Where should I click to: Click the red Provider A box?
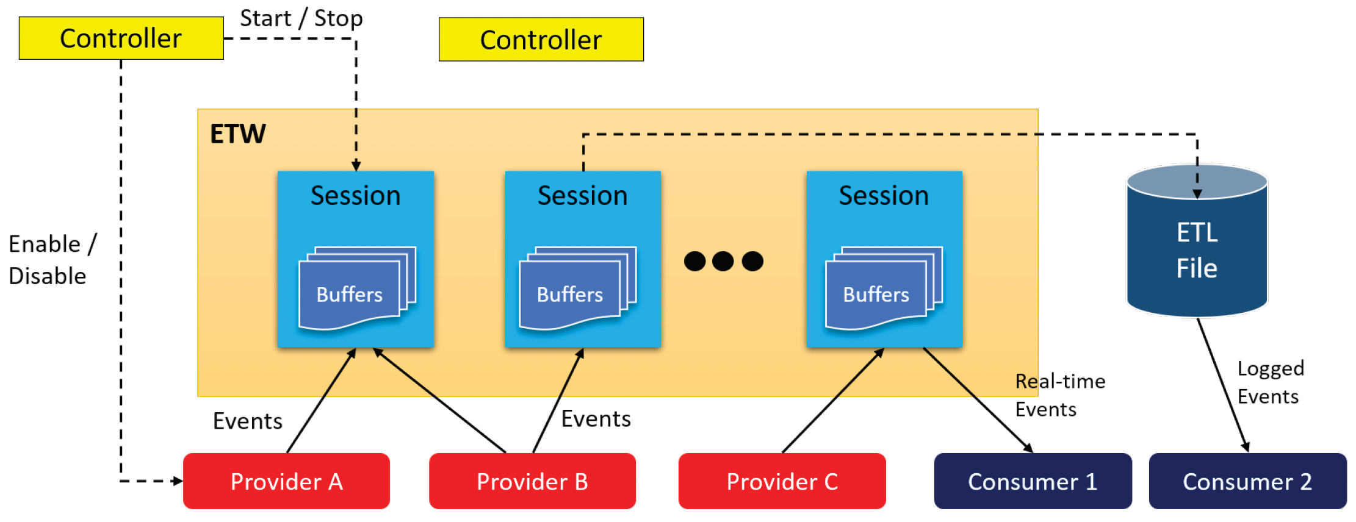(286, 481)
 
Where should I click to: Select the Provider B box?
(532, 481)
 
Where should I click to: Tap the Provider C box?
(782, 481)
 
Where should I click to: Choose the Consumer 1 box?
(1033, 481)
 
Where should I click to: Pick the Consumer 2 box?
(1247, 481)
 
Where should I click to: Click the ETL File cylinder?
(1197, 241)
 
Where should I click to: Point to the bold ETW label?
(238, 134)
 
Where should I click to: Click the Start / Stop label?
(301, 18)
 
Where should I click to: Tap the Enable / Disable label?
(52, 260)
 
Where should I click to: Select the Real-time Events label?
(1060, 395)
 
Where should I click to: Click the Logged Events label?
(1271, 382)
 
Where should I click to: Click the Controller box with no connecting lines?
(541, 40)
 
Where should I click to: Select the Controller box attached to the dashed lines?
(121, 38)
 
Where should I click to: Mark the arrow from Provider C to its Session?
(833, 400)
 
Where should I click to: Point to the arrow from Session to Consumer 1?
(978, 400)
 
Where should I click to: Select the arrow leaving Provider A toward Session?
(321, 401)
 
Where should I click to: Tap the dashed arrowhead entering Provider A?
(178, 481)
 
